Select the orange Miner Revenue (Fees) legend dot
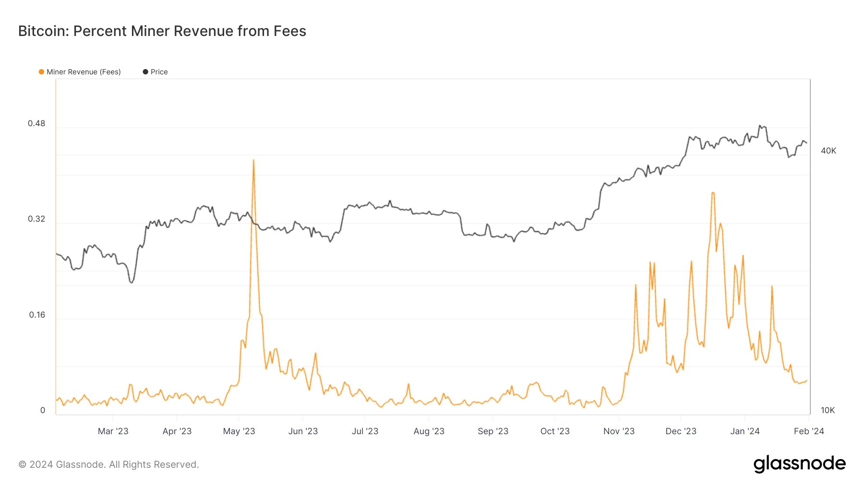tap(41, 72)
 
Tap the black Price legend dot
tap(145, 72)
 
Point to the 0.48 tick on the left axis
tap(36, 123)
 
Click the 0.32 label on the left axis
tap(36, 219)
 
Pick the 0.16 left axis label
tap(37, 315)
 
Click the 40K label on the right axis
tap(828, 151)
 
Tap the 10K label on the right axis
tap(828, 410)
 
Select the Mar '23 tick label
tap(113, 431)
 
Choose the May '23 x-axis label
tap(239, 431)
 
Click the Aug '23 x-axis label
tap(429, 431)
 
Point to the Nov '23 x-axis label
tap(619, 431)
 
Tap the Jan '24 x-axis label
tap(744, 431)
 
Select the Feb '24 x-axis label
tap(809, 431)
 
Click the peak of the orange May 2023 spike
tap(253, 160)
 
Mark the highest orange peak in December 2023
tap(713, 193)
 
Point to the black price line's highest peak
tap(760, 126)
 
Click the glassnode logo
tap(799, 464)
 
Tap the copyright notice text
tap(108, 464)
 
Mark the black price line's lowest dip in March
tap(132, 283)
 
